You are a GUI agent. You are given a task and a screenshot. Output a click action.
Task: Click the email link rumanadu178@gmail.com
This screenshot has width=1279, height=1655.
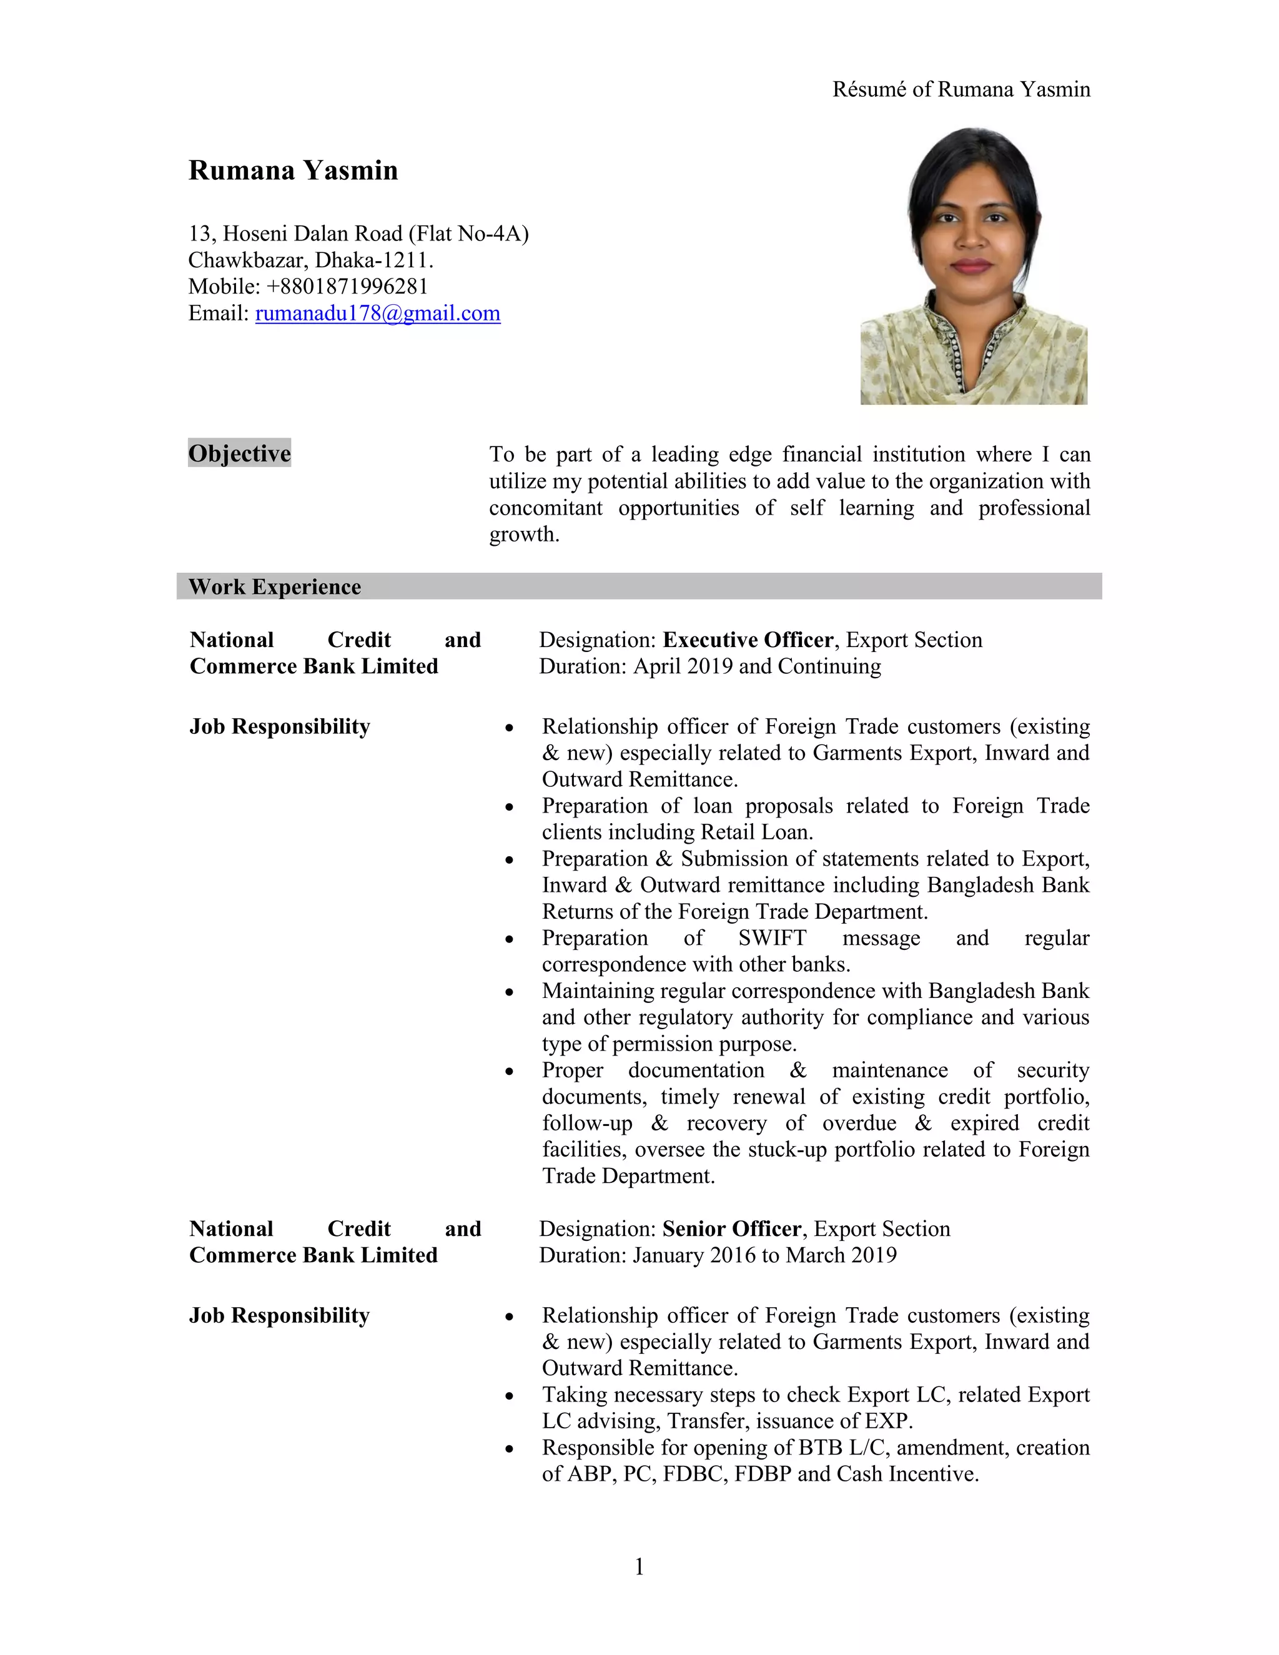coord(377,313)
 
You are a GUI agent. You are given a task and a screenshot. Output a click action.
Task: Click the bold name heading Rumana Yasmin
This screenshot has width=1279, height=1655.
coord(294,170)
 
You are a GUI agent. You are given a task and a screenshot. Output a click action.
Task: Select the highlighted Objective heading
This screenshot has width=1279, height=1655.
coord(239,453)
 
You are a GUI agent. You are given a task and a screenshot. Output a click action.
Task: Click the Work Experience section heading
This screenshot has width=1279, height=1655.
coord(274,586)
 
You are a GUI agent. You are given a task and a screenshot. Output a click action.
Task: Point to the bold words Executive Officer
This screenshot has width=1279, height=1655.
coord(747,640)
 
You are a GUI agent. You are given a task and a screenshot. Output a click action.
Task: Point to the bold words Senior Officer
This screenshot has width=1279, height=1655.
coord(731,1228)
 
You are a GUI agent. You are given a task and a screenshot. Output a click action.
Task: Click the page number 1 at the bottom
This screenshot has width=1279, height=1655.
coord(639,1566)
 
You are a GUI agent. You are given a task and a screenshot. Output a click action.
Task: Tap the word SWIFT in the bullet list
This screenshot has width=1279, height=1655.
coord(772,938)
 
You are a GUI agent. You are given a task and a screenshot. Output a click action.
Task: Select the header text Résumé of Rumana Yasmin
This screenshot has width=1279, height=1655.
coord(960,89)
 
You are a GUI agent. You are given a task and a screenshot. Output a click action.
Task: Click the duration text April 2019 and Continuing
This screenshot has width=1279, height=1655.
coord(757,666)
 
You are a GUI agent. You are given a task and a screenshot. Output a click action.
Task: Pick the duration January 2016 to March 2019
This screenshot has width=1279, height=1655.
coord(764,1255)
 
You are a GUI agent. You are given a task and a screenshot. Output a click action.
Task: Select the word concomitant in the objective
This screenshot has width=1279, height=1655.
coord(546,508)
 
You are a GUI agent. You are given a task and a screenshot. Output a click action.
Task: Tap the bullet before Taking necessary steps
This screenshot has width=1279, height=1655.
coord(510,1396)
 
